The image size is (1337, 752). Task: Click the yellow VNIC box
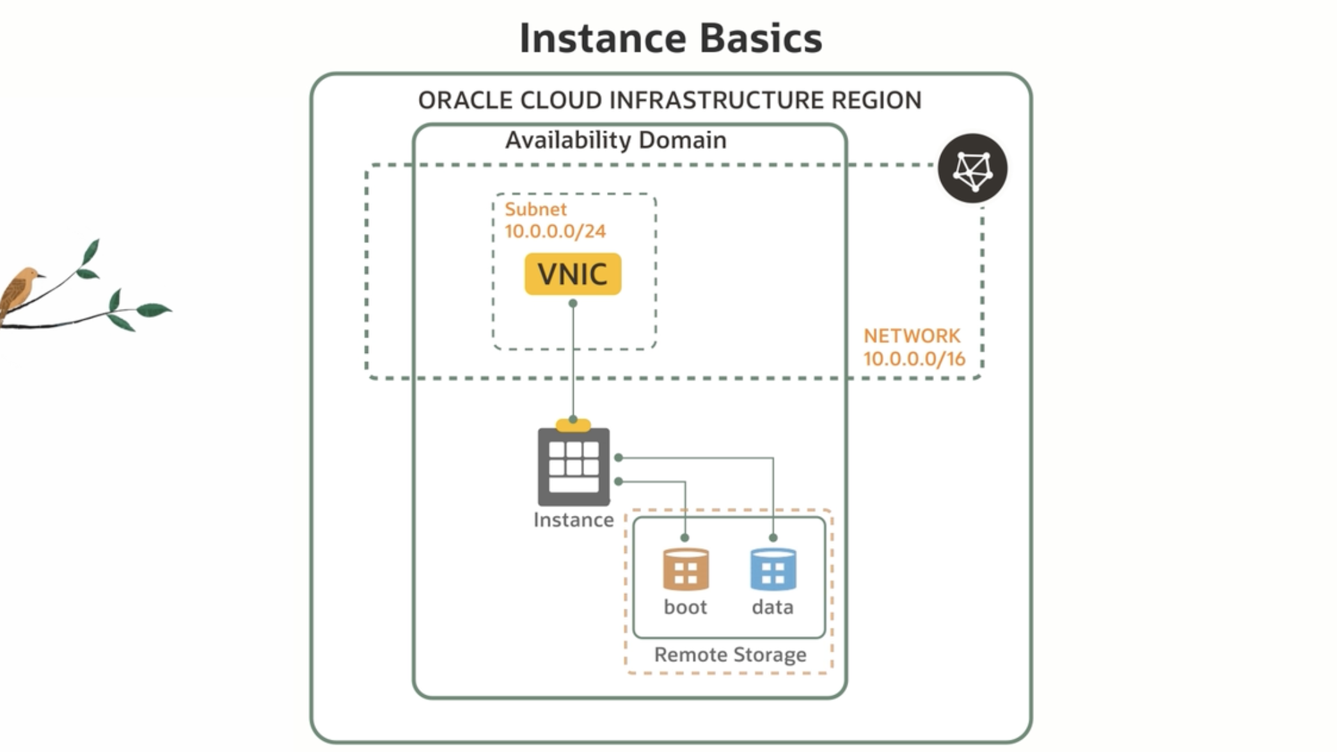[573, 274]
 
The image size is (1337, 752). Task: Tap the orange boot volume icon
[686, 569]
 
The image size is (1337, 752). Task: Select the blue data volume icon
[773, 569]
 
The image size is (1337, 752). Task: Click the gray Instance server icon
[573, 467]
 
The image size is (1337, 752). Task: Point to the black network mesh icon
[972, 169]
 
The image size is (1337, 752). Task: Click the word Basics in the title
[760, 38]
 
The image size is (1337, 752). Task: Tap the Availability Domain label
[615, 140]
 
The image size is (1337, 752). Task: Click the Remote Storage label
[730, 655]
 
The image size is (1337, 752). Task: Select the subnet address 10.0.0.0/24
[555, 231]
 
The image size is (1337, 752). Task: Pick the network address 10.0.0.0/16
[914, 359]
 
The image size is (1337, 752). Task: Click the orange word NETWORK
[912, 336]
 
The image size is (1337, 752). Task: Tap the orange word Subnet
[535, 209]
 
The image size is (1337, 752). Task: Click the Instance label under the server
[573, 520]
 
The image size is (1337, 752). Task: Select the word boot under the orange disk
[685, 607]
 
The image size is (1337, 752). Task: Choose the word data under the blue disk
[773, 607]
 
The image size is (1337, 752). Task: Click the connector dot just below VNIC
[573, 304]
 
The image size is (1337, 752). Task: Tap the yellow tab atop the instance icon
[573, 425]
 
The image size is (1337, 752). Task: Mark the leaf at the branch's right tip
[154, 310]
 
